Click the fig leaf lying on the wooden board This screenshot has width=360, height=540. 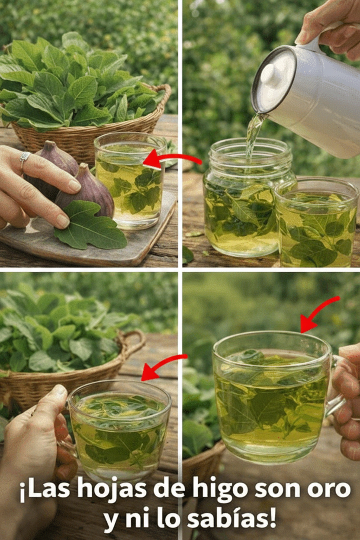pos(90,225)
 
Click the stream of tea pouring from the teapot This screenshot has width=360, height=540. pos(254,135)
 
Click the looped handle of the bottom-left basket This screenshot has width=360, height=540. pos(132,343)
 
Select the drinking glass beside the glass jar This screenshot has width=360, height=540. pos(316,222)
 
